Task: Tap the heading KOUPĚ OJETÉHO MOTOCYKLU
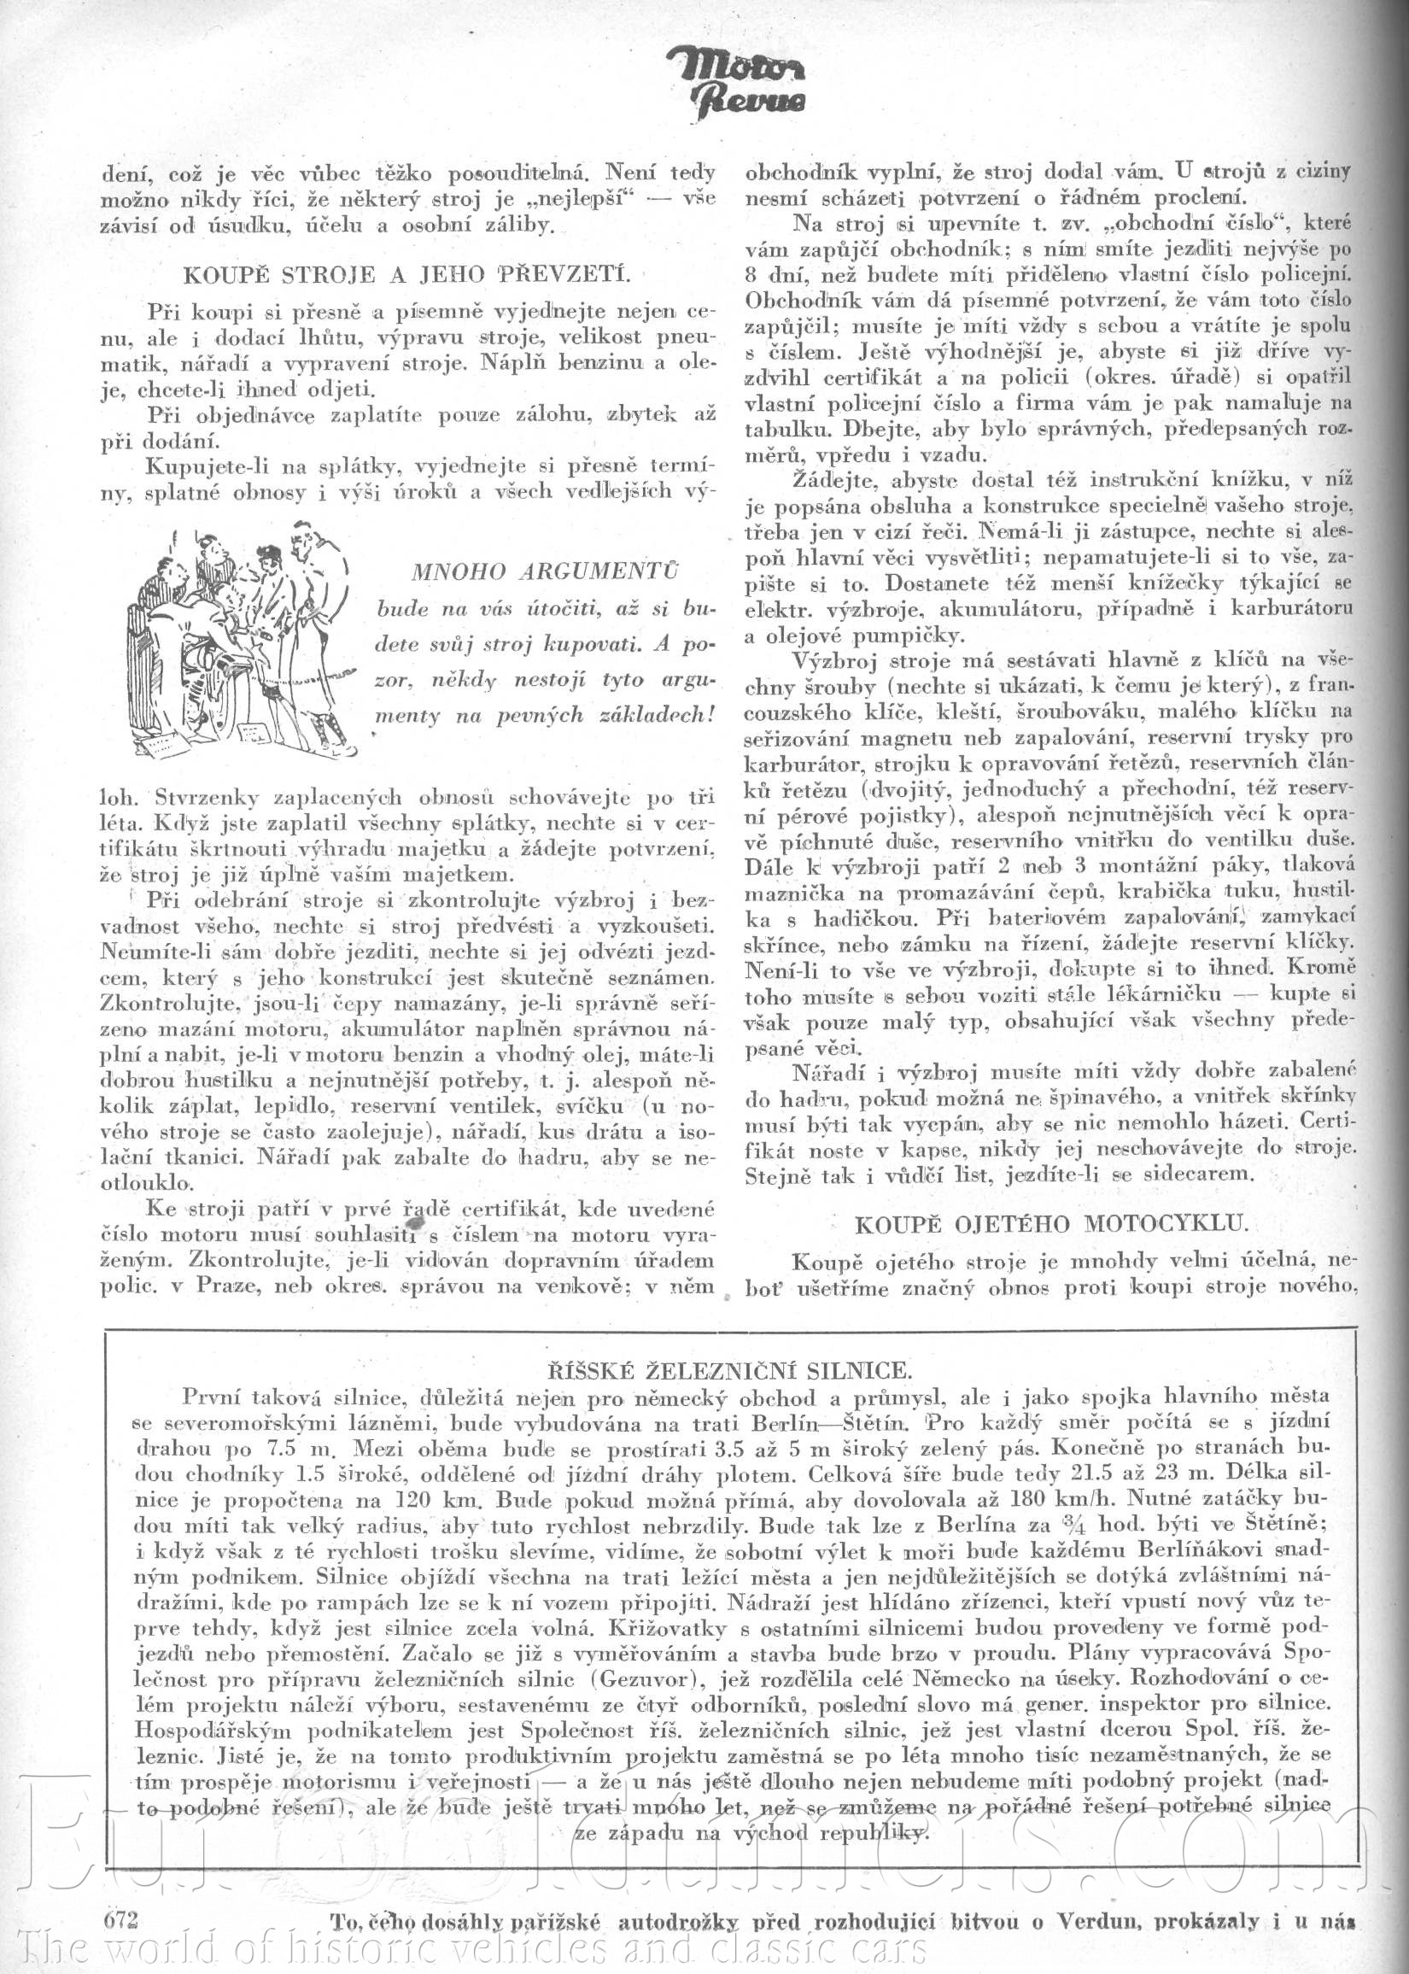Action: [1050, 1223]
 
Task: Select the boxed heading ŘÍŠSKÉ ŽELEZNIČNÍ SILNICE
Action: [730, 1370]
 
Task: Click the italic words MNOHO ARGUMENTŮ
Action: [545, 571]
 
